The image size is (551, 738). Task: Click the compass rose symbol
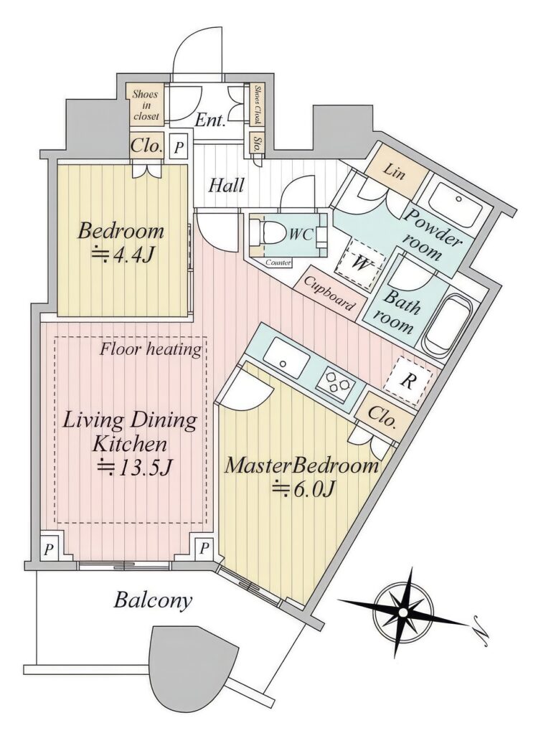click(403, 612)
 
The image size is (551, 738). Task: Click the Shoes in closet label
click(146, 105)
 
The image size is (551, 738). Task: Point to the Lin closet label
click(394, 171)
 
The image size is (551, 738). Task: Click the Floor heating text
click(151, 349)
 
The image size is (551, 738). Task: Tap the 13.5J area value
click(136, 468)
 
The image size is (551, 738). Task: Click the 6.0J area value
click(303, 489)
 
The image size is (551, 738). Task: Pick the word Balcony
click(153, 600)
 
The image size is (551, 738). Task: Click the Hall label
click(227, 185)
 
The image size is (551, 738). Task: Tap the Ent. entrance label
click(210, 121)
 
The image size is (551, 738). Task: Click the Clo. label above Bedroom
click(146, 146)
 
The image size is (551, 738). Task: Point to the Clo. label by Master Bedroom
click(381, 416)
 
